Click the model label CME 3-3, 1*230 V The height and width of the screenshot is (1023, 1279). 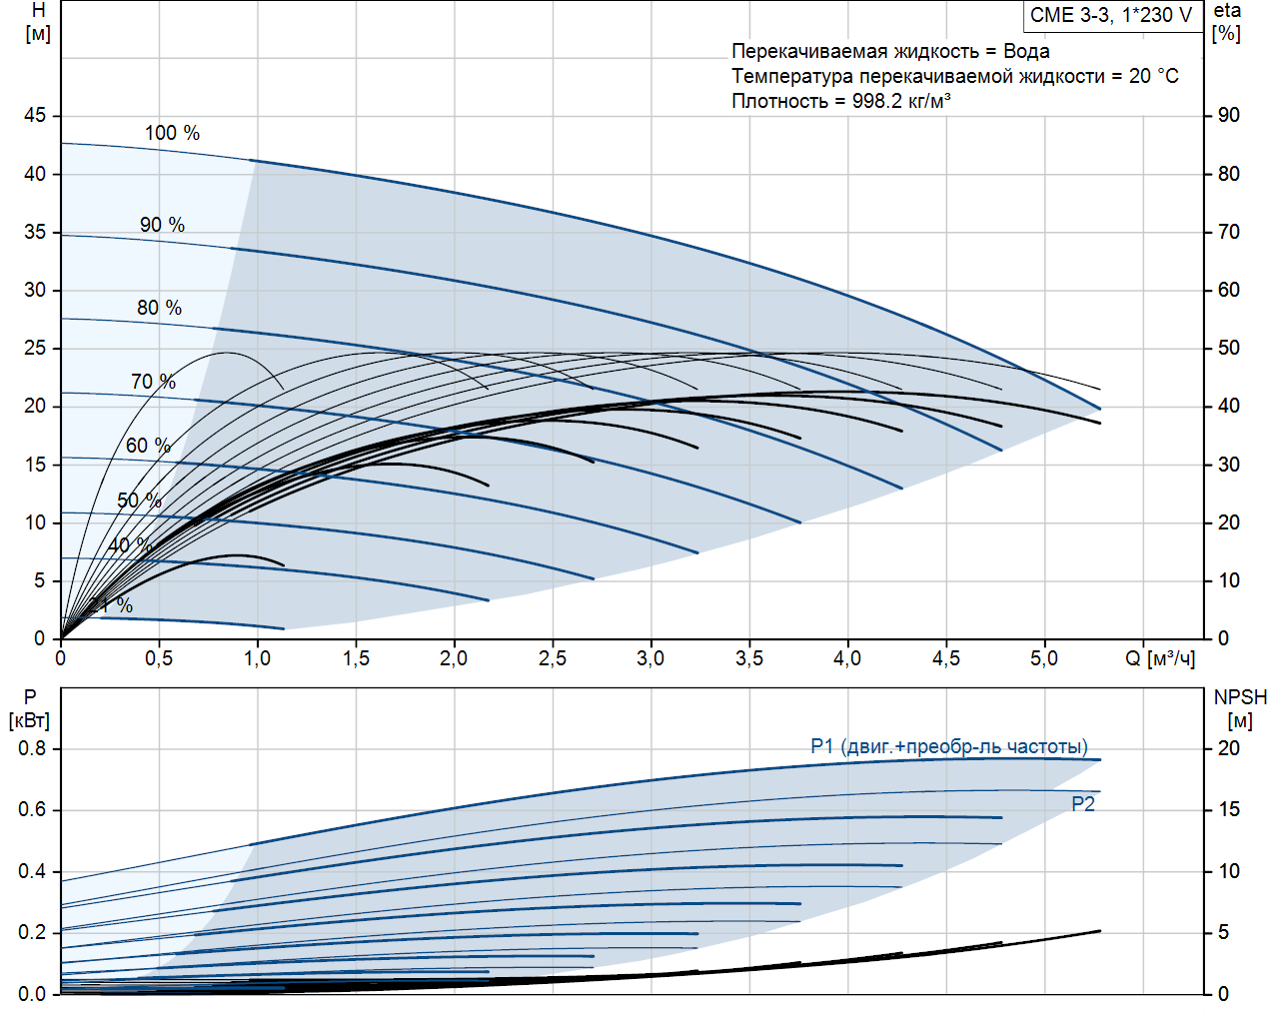[x=1111, y=15]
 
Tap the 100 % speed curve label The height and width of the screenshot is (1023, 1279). [x=172, y=133]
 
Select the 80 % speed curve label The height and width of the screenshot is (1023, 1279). [x=159, y=308]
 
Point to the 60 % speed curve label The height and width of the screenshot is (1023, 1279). [x=148, y=446]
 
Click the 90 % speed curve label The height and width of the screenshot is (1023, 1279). [x=162, y=225]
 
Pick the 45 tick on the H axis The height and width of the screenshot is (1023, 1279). [x=35, y=116]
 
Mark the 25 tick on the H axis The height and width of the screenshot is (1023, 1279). [x=35, y=348]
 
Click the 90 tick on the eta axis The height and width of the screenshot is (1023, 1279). [x=1228, y=116]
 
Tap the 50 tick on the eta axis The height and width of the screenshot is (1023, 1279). [x=1228, y=348]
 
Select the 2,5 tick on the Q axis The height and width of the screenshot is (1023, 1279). [x=553, y=658]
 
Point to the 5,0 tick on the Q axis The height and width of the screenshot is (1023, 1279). [x=1044, y=658]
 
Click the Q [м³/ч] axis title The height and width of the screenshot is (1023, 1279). [x=1160, y=658]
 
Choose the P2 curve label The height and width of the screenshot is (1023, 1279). [x=1083, y=804]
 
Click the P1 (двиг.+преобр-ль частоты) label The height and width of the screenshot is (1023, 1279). [x=949, y=746]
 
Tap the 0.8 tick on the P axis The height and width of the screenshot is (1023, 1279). [x=32, y=748]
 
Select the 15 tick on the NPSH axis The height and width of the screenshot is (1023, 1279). [x=1228, y=809]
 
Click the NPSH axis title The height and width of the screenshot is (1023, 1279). [x=1240, y=697]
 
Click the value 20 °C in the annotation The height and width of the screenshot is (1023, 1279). [x=1154, y=76]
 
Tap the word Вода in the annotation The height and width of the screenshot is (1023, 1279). [x=1026, y=51]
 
